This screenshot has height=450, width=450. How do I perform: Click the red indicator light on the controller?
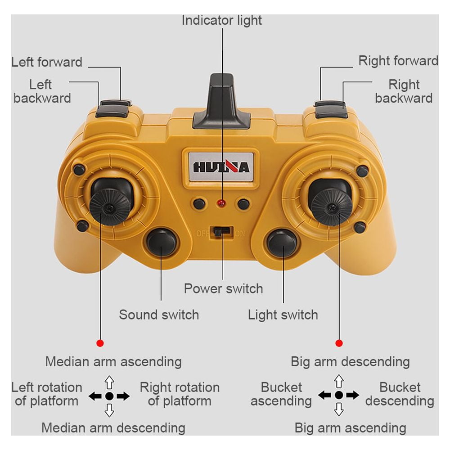(221, 204)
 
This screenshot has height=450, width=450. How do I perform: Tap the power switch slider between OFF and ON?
(221, 232)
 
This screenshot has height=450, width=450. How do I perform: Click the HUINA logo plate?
(221, 167)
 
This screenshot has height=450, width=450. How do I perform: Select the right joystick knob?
(332, 207)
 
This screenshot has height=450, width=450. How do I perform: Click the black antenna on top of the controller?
(221, 101)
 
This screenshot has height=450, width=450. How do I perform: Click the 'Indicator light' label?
(221, 20)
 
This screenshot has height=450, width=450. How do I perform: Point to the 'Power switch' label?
(223, 288)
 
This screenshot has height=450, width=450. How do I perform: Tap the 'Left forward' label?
(47, 62)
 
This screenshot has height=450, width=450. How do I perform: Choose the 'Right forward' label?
(398, 61)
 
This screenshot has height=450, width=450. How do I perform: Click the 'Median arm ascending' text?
(113, 362)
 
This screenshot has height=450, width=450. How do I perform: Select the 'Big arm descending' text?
(350, 362)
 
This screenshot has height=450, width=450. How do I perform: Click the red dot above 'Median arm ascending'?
(100, 343)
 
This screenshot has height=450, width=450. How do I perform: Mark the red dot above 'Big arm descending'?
(339, 343)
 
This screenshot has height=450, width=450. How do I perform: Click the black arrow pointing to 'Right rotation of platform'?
(123, 396)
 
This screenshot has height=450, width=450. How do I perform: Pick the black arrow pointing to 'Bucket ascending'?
(324, 395)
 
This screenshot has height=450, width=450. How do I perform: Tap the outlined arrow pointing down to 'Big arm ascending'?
(339, 409)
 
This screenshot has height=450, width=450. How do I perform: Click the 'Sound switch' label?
(159, 315)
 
